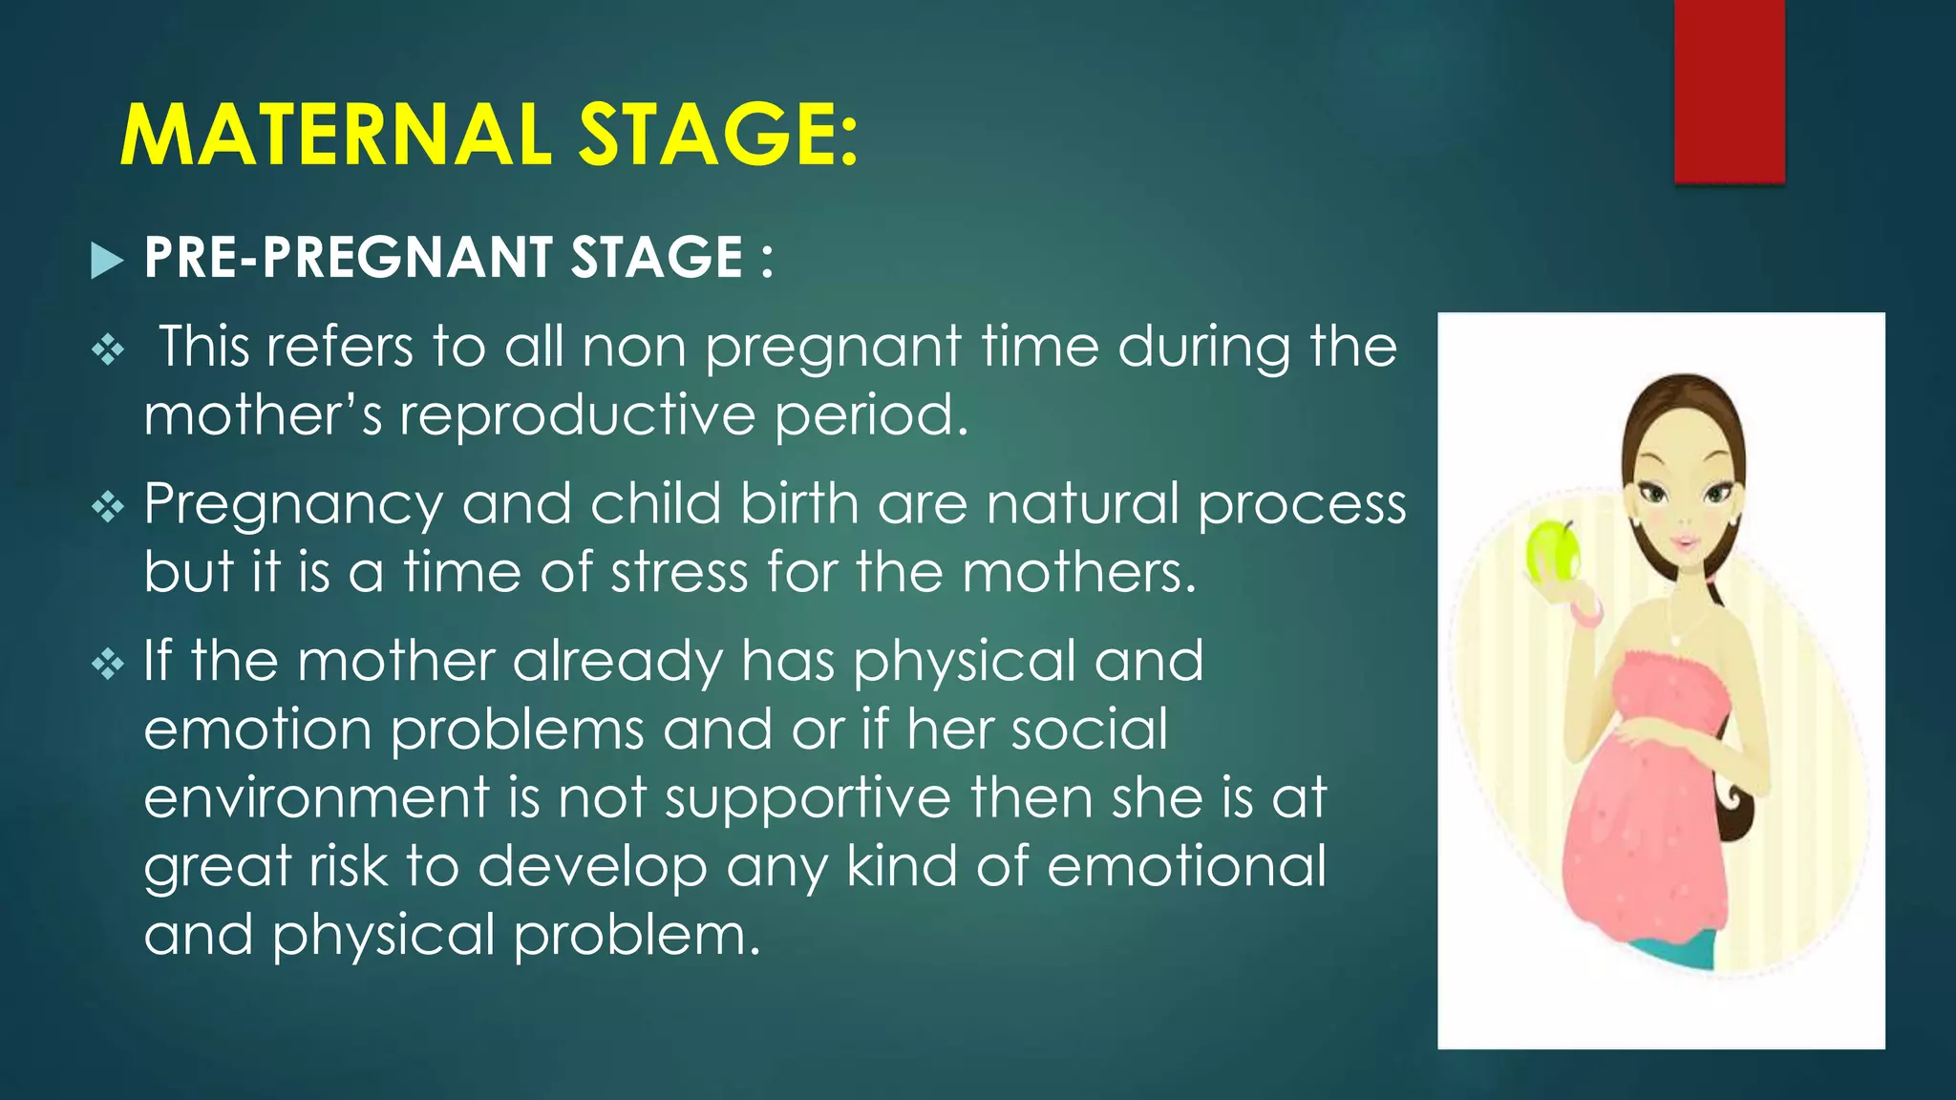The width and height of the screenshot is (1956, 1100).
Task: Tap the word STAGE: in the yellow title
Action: pyautogui.click(x=718, y=135)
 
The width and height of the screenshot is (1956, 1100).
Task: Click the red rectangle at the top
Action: pyautogui.click(x=1729, y=91)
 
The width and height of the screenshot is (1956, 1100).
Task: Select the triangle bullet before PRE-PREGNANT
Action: pyautogui.click(x=107, y=260)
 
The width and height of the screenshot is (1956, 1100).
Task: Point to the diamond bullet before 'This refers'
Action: pyautogui.click(x=108, y=350)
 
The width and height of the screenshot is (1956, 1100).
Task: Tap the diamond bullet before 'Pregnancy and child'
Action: pyautogui.click(x=108, y=506)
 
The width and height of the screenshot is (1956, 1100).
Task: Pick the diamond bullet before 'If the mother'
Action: pyautogui.click(x=108, y=663)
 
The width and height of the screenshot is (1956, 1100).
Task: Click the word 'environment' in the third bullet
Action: pyautogui.click(x=316, y=798)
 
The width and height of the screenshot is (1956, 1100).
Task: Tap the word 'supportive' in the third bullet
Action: pyautogui.click(x=808, y=798)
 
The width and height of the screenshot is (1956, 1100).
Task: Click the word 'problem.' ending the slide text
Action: pyautogui.click(x=637, y=936)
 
